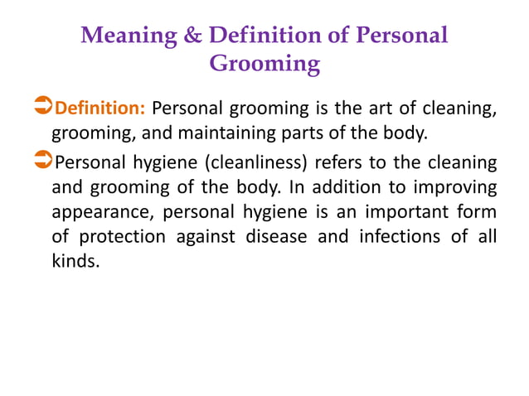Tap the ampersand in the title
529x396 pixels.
[x=192, y=36]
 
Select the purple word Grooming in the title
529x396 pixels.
[x=264, y=63]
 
